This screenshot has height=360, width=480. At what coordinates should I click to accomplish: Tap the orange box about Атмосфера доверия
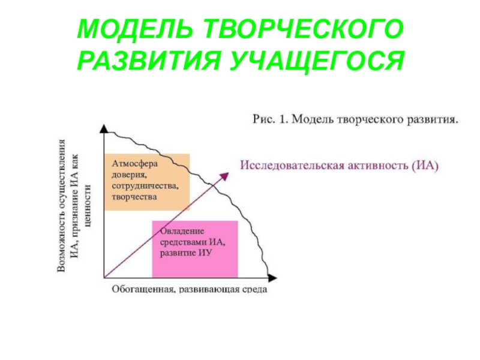pos(147,182)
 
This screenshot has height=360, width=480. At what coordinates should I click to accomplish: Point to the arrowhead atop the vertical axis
pos(104,129)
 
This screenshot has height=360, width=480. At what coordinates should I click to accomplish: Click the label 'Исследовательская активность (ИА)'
pos(340,164)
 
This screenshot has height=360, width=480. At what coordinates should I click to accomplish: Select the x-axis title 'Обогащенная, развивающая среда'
pos(190,290)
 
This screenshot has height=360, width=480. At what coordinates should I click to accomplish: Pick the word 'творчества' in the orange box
pos(134,196)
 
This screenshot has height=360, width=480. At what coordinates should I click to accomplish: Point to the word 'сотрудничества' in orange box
pos(144,185)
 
